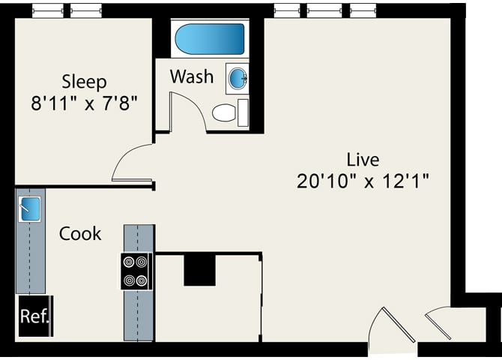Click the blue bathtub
210,39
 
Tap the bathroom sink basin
238,78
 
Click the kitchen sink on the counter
29,209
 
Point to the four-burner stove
135,271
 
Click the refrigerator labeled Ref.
35,316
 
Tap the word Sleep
84,82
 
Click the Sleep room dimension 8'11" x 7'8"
84,103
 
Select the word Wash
192,76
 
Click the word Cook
80,233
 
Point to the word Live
363,160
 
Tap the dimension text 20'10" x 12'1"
363,181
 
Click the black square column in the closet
199,270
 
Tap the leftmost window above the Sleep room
47,11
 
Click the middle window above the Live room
324,11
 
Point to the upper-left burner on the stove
129,262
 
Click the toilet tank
244,112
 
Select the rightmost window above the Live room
363,11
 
